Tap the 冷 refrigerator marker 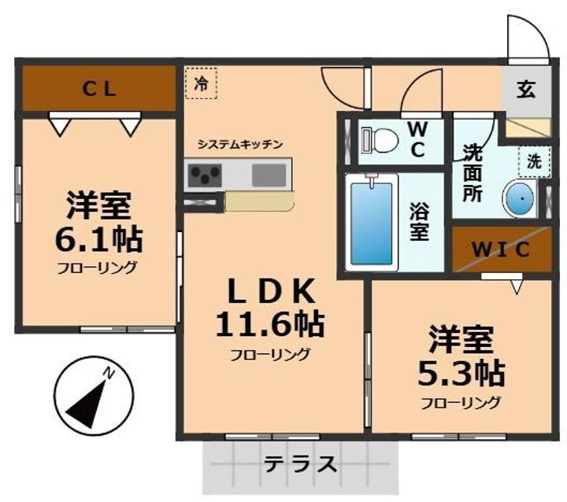(202, 83)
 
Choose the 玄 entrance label (525, 89)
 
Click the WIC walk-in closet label (501, 249)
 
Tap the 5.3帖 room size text (461, 372)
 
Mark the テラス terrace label (301, 464)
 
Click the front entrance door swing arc (521, 35)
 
